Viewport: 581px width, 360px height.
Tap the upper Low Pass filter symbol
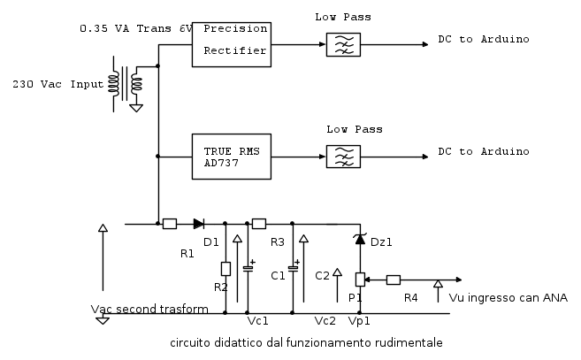tap(343, 44)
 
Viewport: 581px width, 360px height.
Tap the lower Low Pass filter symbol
tap(343, 157)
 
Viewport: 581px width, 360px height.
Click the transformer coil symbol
tap(126, 84)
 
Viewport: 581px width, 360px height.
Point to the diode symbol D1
tap(199, 224)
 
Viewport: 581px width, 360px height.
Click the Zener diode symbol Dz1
tap(360, 239)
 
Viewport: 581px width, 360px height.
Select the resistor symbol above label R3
tap(259, 224)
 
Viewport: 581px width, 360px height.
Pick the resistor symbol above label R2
tap(226, 269)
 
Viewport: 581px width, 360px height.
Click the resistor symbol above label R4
tap(394, 280)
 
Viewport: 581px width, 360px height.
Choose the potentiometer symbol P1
tap(360, 280)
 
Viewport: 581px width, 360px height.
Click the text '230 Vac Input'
tap(57, 84)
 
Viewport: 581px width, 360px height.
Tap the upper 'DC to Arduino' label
tap(484, 39)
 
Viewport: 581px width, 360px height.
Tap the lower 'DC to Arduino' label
tap(484, 151)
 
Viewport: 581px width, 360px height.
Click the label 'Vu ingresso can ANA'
tap(508, 298)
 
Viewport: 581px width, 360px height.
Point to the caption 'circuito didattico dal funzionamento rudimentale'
tap(306, 342)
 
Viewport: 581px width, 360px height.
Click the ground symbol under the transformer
tap(136, 108)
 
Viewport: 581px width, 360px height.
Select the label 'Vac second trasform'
tap(149, 310)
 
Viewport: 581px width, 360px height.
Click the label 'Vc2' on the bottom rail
tap(325, 321)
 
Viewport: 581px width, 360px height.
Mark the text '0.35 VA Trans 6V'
tap(136, 28)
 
